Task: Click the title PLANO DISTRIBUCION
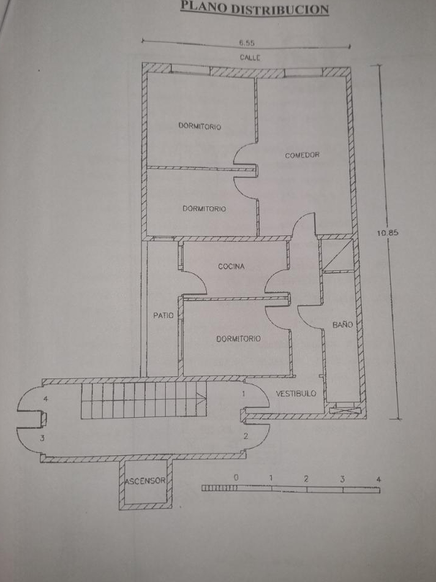(255, 8)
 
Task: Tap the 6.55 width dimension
(247, 43)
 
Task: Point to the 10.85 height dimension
(388, 233)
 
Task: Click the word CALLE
(250, 58)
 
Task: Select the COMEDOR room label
(302, 155)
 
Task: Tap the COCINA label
(231, 266)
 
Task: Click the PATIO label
(163, 316)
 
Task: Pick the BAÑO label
(342, 325)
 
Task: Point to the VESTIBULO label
(296, 393)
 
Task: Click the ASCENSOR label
(145, 481)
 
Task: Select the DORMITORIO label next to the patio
(238, 339)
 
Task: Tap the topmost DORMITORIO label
(200, 126)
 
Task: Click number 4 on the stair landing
(46, 399)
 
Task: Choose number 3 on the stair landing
(42, 439)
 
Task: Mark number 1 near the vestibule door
(244, 393)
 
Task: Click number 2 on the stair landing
(246, 436)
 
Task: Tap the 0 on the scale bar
(236, 477)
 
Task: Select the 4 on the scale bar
(378, 480)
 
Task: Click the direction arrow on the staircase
(201, 400)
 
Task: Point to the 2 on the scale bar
(306, 479)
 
